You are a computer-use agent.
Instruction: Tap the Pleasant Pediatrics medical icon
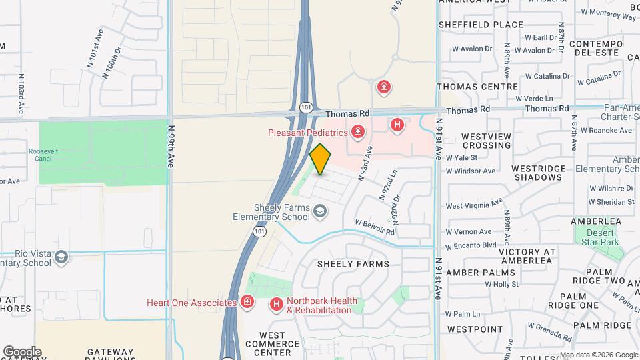coord(359,132)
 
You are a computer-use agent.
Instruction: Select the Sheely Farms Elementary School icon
coord(321,212)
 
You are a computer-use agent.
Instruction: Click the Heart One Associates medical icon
coord(247,303)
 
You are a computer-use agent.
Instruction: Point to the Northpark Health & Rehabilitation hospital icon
coord(276,305)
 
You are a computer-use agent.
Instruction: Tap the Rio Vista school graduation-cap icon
coord(61,257)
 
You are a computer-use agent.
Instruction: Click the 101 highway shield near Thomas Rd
coord(306,108)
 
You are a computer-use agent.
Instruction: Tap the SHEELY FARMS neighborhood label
coord(353,264)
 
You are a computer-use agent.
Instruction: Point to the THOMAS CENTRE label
coord(477,87)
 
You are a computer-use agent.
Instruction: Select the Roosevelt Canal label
coord(43,155)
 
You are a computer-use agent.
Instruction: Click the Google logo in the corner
coord(22,351)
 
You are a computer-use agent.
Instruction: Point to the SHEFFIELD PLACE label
coord(481,25)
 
